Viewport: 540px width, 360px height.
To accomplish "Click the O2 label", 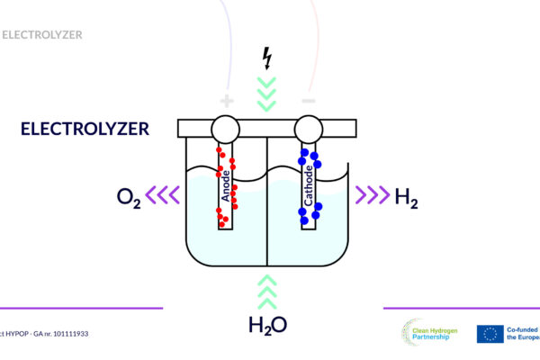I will click(129, 197).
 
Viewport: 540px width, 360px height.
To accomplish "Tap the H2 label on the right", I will click(407, 197).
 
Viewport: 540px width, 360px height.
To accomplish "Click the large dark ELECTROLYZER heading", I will click(85, 129).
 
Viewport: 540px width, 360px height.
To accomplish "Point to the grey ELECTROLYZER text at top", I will click(42, 35).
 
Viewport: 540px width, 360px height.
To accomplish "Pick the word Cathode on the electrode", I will click(309, 185).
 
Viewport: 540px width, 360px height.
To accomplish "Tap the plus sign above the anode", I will click(227, 101).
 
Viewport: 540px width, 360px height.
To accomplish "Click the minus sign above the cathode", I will click(308, 101).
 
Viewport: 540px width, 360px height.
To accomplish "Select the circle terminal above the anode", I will click(226, 130).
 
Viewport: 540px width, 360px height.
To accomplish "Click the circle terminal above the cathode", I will click(308, 130).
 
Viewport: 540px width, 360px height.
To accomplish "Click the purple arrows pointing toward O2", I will click(165, 193).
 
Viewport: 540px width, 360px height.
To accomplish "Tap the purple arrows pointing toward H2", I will click(370, 193).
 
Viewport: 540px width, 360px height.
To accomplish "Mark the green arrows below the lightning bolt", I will click(266, 91).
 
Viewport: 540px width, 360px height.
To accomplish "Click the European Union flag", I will click(490, 334).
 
